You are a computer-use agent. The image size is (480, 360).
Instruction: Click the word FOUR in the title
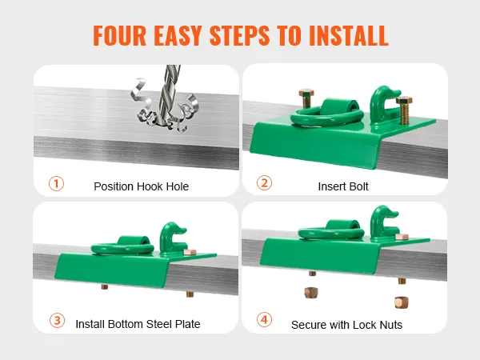click(x=119, y=35)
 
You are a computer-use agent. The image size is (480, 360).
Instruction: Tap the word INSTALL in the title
click(x=349, y=35)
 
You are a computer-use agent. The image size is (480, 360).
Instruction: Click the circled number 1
click(x=56, y=184)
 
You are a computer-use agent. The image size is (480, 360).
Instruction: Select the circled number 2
click(x=264, y=182)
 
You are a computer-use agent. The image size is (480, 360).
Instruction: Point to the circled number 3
click(x=57, y=321)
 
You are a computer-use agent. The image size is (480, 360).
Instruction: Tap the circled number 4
click(x=264, y=319)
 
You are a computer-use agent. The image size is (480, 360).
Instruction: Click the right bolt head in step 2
click(x=404, y=101)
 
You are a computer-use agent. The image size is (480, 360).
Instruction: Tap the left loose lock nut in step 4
click(x=311, y=293)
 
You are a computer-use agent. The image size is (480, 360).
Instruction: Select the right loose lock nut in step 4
click(x=401, y=302)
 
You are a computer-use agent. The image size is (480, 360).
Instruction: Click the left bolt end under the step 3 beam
click(x=105, y=287)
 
